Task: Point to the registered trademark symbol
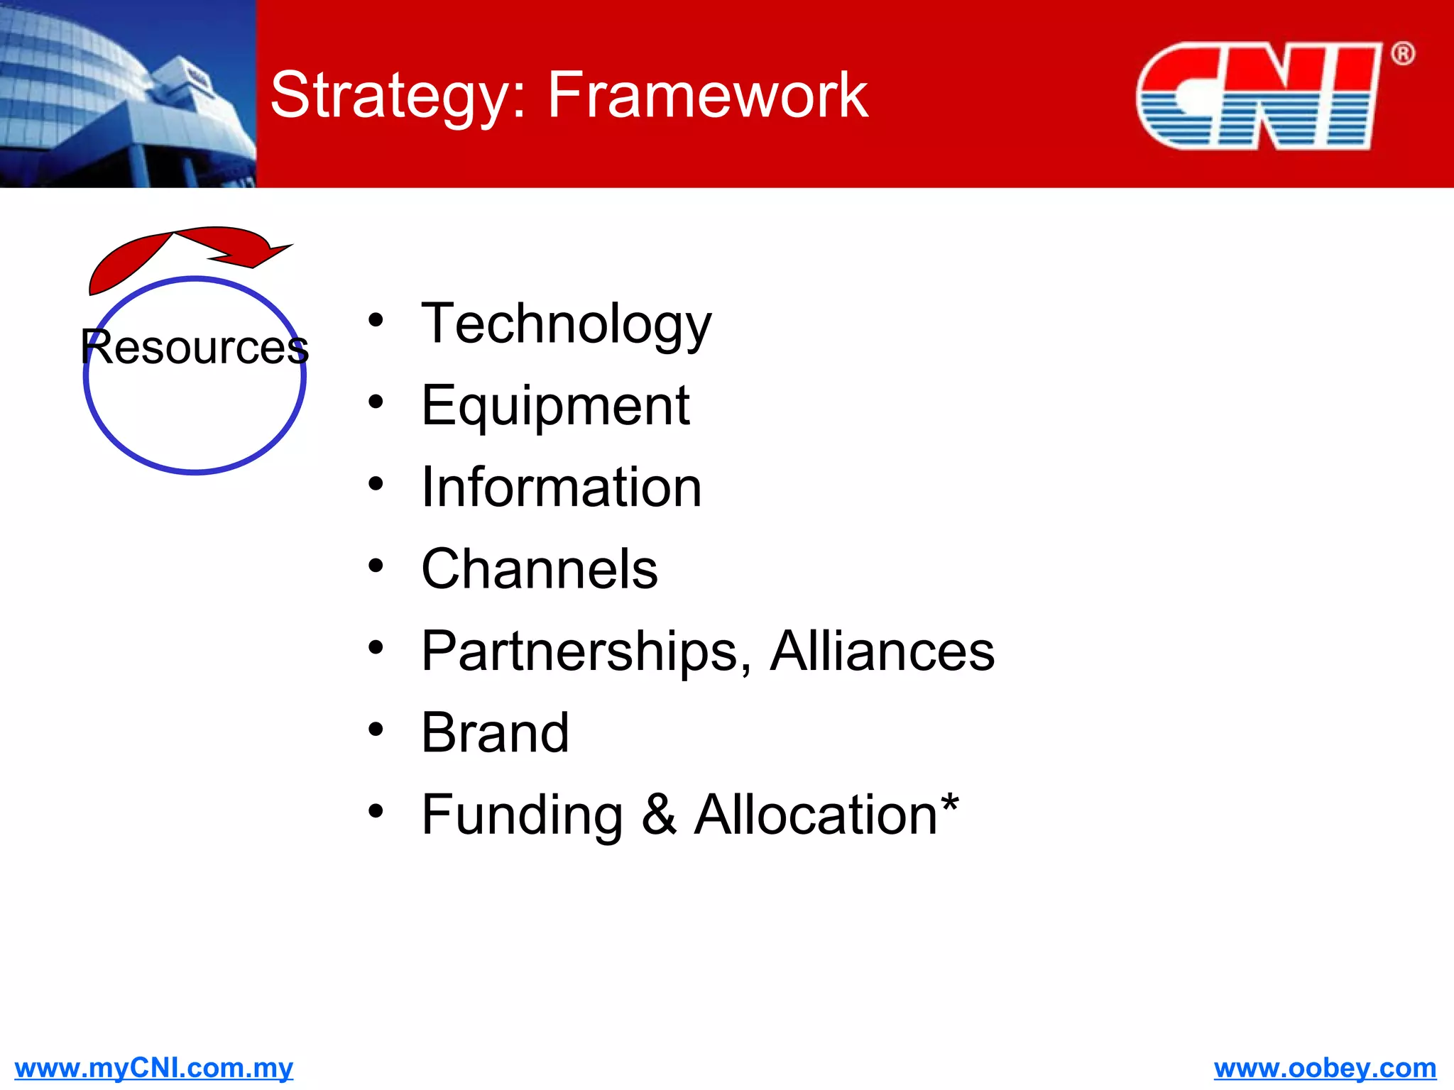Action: [1402, 54]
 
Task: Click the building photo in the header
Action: [128, 94]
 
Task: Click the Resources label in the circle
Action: [195, 348]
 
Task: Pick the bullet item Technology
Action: [566, 324]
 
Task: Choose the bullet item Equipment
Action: [555, 406]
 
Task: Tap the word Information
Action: [561, 488]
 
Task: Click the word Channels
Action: [540, 569]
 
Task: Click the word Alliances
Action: [882, 651]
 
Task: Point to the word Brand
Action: [495, 733]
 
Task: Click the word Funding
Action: [522, 815]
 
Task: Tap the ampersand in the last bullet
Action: [659, 815]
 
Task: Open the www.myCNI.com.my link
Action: [153, 1067]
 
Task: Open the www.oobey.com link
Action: [1325, 1067]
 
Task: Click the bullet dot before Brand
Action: [376, 729]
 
